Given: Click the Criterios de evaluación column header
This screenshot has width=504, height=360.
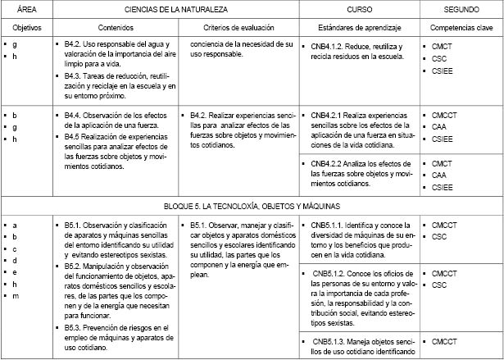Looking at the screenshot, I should [x=236, y=26].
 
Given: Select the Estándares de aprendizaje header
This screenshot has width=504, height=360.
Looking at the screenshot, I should [x=357, y=26].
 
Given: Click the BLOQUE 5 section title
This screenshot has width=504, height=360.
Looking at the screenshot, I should [x=252, y=206].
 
